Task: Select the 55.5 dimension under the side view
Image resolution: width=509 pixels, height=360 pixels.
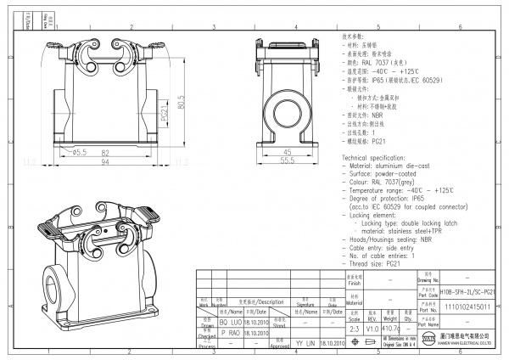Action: click(x=287, y=161)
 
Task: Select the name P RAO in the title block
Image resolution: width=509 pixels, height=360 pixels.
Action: click(x=229, y=335)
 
